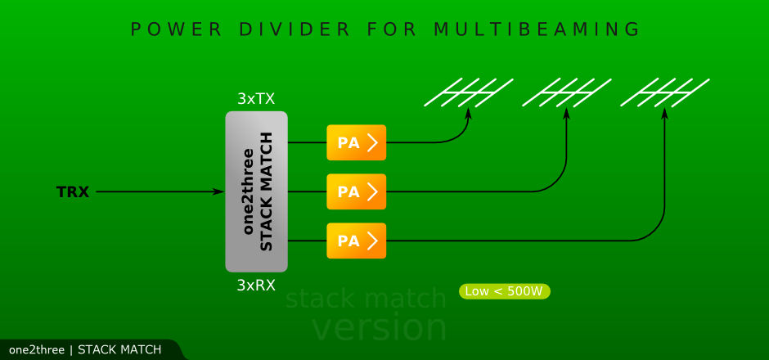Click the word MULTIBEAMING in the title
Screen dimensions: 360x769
pyautogui.click(x=537, y=29)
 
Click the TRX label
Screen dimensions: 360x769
pyautogui.click(x=73, y=192)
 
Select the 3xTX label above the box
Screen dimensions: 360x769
pyautogui.click(x=256, y=99)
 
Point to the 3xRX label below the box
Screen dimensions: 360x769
pyautogui.click(x=256, y=286)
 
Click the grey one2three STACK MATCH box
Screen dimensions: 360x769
pyautogui.click(x=256, y=191)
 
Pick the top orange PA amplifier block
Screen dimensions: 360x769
pyautogui.click(x=356, y=143)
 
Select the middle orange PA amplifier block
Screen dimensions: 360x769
pyautogui.click(x=356, y=192)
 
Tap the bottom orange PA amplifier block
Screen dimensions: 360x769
pyautogui.click(x=356, y=241)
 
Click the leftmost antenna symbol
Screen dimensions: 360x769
pyautogui.click(x=468, y=92)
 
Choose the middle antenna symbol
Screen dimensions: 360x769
pyautogui.click(x=566, y=92)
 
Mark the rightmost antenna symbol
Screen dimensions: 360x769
pyautogui.click(x=664, y=92)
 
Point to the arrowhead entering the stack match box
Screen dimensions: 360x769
pyautogui.click(x=218, y=192)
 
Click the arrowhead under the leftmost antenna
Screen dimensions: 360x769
pyautogui.click(x=468, y=115)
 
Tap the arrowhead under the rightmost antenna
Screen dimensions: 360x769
pyautogui.click(x=664, y=115)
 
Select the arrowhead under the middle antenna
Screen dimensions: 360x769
pyautogui.click(x=566, y=115)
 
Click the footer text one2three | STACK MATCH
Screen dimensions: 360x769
pyautogui.click(x=85, y=350)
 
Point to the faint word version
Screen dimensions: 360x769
pyautogui.click(x=380, y=327)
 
